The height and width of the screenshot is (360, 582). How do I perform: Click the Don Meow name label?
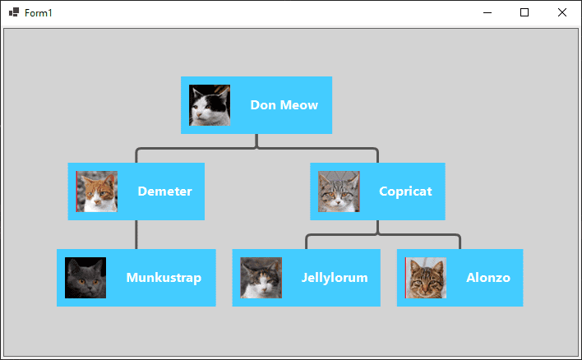[x=284, y=105]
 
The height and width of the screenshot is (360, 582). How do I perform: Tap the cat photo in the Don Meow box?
[x=210, y=105]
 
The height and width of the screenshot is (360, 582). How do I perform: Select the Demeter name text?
[x=164, y=192]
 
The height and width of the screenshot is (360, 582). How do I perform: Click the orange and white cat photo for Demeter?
[x=97, y=192]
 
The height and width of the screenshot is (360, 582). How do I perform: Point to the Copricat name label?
[x=405, y=192]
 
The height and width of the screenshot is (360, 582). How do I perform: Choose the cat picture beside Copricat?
[x=339, y=192]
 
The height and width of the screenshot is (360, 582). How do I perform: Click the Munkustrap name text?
[x=164, y=278]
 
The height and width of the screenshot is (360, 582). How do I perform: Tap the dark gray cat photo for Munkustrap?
[x=85, y=278]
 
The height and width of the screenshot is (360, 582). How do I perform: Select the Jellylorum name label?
[x=335, y=278]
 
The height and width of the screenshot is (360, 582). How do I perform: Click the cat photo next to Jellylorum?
[x=261, y=278]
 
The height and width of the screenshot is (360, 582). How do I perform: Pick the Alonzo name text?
[x=488, y=278]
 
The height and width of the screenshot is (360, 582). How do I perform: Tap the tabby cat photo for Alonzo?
[x=426, y=278]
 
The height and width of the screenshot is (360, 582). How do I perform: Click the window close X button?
[x=562, y=12]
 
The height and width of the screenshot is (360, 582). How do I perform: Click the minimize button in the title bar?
[x=487, y=12]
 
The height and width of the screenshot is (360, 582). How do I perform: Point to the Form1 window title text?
[x=39, y=13]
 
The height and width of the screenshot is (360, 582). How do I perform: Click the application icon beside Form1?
[x=14, y=12]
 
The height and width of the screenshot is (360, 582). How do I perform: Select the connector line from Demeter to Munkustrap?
[x=136, y=234]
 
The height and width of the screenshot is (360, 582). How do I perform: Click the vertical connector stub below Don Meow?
[x=256, y=141]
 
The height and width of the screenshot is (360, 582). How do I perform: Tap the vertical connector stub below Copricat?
[x=377, y=227]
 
